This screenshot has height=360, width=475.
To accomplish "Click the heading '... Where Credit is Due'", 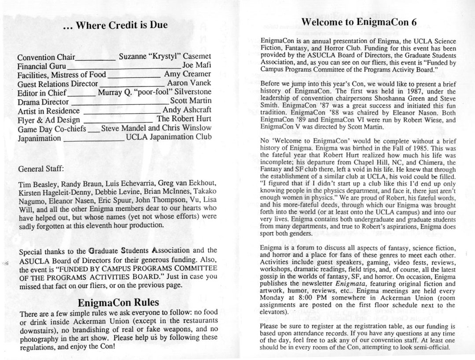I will (115, 25).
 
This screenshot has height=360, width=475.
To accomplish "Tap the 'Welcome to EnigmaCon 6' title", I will (360, 22).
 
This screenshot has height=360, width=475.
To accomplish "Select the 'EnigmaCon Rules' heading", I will (118, 303).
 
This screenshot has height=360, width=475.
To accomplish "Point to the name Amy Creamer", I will (188, 74).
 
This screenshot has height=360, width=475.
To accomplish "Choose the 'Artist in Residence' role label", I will (48, 111).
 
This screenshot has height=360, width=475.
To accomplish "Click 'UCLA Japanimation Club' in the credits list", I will (169, 137).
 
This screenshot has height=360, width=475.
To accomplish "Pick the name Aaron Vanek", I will (189, 83).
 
